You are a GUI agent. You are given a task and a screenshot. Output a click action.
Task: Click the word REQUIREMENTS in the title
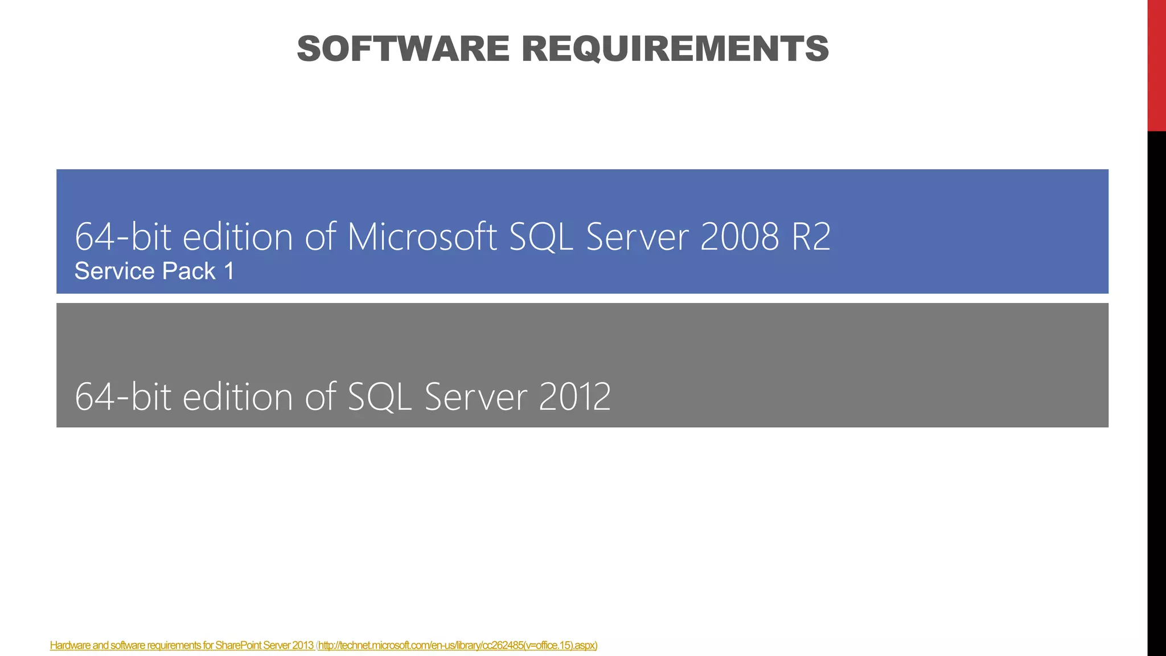(x=675, y=49)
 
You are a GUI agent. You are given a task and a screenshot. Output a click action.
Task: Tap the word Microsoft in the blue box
(x=422, y=237)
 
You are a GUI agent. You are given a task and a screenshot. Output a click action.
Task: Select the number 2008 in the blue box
(x=739, y=237)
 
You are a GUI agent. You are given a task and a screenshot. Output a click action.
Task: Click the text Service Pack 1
(x=154, y=272)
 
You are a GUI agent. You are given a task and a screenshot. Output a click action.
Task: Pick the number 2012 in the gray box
(x=574, y=397)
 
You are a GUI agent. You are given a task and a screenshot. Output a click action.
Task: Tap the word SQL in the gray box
(x=380, y=397)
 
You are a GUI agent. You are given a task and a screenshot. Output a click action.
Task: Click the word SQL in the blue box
(x=541, y=237)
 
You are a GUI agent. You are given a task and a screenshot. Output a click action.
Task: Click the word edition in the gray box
(x=237, y=397)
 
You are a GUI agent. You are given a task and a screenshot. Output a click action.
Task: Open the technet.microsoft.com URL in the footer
(x=457, y=645)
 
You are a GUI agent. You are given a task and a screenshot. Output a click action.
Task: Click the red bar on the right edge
(x=1156, y=65)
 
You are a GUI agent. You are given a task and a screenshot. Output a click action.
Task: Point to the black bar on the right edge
(x=1156, y=393)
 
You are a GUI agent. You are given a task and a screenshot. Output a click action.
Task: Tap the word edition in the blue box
(x=237, y=237)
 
